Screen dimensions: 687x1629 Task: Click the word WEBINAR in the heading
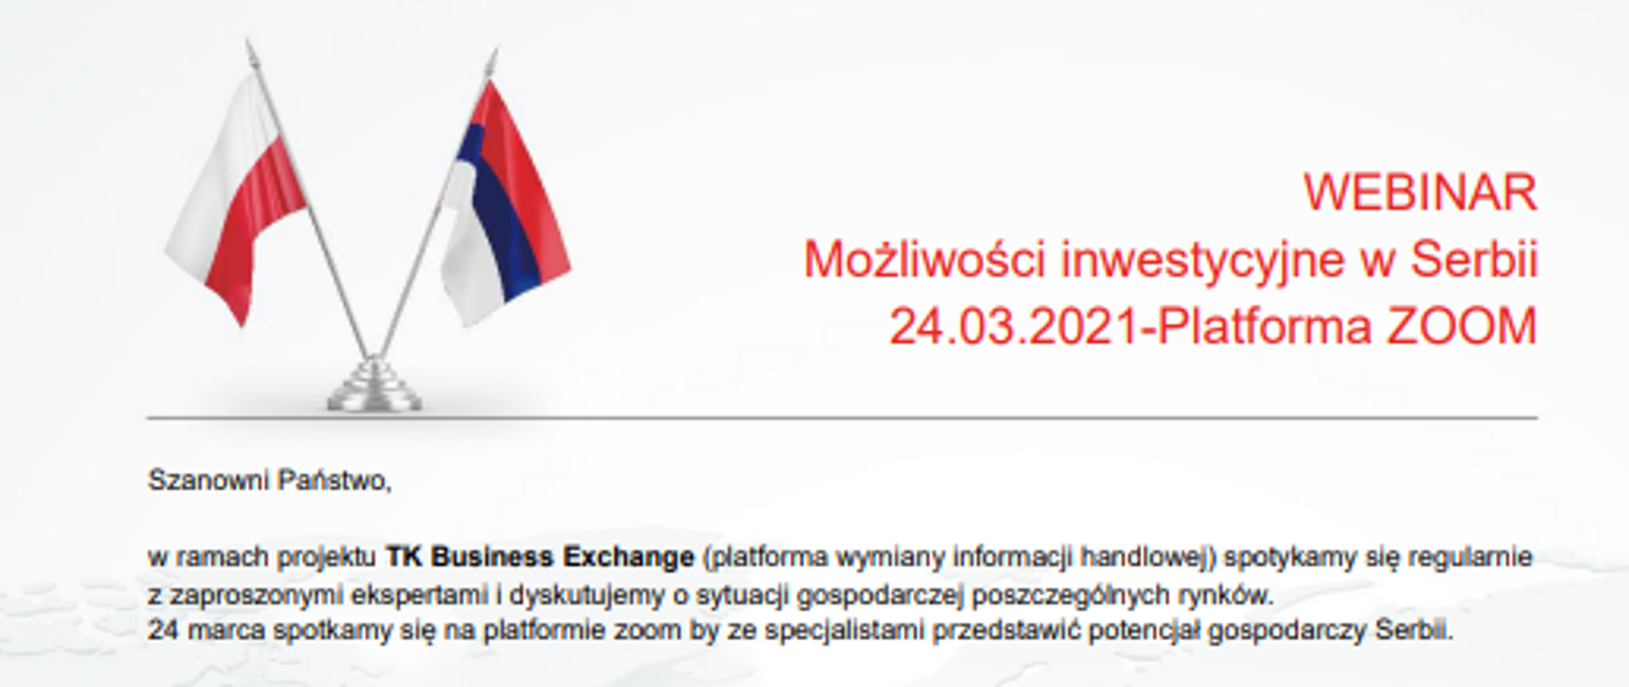(x=1419, y=193)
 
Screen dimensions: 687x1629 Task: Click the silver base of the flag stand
(x=374, y=390)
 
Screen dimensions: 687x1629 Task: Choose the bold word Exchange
(x=629, y=557)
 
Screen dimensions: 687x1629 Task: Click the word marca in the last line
(x=227, y=632)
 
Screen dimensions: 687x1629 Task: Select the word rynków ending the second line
(x=1227, y=595)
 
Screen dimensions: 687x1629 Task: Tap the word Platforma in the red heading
(x=1264, y=327)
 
